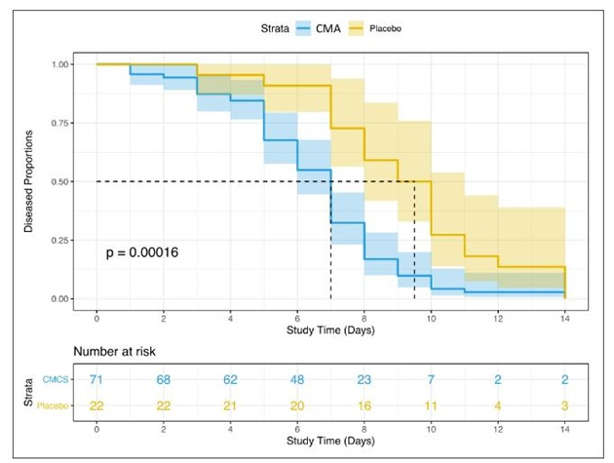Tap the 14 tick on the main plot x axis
[565, 319]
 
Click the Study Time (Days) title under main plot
[330, 330]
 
